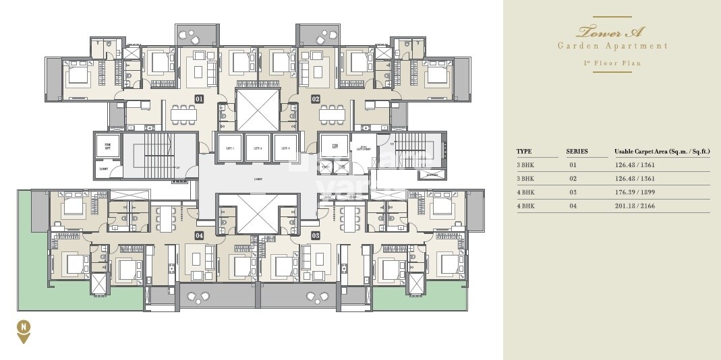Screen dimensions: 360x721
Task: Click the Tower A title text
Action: point(612,32)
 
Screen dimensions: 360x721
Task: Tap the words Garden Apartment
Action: point(612,46)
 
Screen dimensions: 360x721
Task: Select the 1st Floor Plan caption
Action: point(612,63)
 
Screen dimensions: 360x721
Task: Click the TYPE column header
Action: point(524,152)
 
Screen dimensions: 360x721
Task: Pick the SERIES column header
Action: point(577,152)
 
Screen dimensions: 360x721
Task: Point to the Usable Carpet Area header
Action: point(660,152)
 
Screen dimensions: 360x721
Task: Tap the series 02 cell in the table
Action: point(573,179)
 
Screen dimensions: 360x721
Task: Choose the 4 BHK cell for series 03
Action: point(525,192)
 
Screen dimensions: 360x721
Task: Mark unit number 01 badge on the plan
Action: point(199,99)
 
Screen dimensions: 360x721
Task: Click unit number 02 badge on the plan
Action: point(315,99)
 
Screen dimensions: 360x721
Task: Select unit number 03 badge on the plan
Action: point(315,235)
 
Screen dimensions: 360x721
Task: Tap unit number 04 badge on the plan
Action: point(199,235)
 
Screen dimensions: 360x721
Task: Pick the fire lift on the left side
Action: point(107,145)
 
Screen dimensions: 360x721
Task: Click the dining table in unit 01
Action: point(181,114)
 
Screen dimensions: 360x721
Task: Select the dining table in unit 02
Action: point(332,114)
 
